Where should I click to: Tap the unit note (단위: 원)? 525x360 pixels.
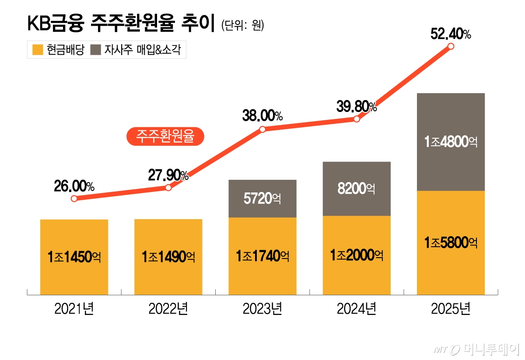243,26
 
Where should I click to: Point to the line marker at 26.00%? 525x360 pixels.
74,199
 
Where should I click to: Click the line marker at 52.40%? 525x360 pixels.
451,46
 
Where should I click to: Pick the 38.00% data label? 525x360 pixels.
262,116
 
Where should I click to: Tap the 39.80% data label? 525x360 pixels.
356,106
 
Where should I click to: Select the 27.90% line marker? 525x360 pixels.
168,188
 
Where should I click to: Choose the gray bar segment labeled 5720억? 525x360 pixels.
262,199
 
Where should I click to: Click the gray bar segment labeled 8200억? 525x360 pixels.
357,189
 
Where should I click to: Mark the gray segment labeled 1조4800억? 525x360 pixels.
451,142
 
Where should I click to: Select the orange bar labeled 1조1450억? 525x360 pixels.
74,257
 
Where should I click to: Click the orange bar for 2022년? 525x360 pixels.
168,257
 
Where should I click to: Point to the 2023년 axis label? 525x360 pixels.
262,310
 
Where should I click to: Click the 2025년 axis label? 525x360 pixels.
451,310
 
